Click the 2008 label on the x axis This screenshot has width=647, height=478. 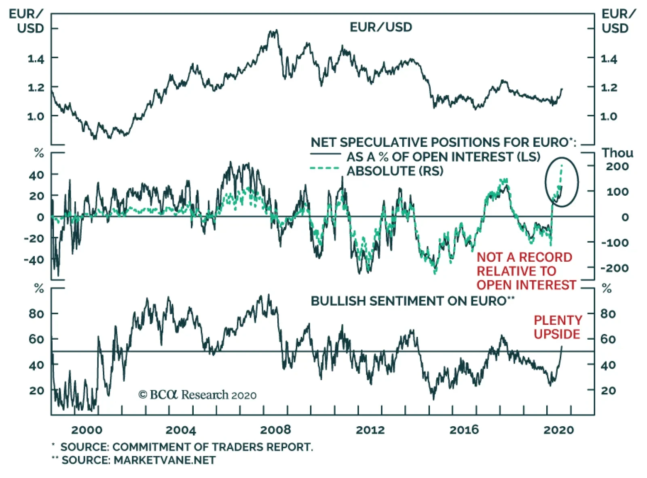275,429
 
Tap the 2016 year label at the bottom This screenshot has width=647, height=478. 464,429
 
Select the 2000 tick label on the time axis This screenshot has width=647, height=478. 87,429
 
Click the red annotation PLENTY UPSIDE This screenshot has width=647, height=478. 557,327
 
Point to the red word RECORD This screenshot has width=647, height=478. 545,257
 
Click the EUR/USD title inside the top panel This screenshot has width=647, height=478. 381,27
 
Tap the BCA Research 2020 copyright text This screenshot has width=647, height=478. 197,395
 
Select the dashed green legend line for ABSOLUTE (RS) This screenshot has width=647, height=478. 324,168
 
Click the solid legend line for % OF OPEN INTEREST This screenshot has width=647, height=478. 326,154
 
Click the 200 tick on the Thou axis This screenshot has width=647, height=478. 617,166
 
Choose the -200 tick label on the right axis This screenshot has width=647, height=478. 614,268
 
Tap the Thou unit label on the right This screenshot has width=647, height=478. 617,153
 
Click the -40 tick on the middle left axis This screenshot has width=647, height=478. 34,260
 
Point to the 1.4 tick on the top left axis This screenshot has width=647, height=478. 36,59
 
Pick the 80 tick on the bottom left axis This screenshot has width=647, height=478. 36,314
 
